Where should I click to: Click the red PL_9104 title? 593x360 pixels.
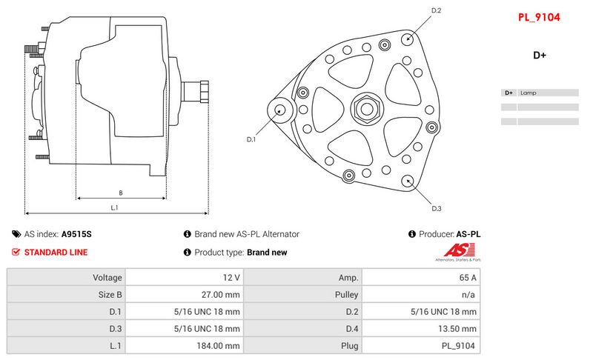(x=539, y=17)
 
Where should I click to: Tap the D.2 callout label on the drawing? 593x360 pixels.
(x=436, y=10)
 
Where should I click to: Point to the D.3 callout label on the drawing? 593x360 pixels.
(x=437, y=209)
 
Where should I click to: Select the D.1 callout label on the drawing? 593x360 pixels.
(x=251, y=139)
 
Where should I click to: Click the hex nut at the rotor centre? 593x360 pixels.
(x=367, y=109)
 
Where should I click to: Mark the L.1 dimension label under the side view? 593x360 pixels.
(x=114, y=207)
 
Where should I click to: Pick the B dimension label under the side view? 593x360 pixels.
(x=121, y=193)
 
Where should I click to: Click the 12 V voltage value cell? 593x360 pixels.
(x=231, y=278)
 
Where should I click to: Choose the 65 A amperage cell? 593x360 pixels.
(x=468, y=278)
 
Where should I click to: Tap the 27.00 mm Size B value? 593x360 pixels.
(x=220, y=295)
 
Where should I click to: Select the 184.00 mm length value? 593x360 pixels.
(x=218, y=346)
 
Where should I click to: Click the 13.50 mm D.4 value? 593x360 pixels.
(x=457, y=329)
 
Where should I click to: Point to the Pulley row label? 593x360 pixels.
(x=346, y=295)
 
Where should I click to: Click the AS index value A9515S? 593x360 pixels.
(x=76, y=234)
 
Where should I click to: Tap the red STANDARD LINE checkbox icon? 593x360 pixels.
(x=16, y=252)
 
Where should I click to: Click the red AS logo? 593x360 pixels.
(x=459, y=250)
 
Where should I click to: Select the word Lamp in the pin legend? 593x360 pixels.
(x=528, y=93)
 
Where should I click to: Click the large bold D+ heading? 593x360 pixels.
(x=540, y=55)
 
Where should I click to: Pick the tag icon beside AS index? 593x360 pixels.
(x=16, y=234)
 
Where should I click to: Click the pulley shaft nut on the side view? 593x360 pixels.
(x=205, y=92)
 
